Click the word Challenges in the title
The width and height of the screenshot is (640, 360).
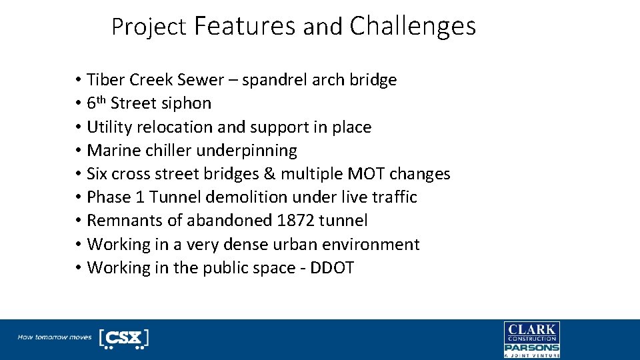pyautogui.click(x=412, y=26)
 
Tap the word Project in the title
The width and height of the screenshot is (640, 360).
pyautogui.click(x=149, y=27)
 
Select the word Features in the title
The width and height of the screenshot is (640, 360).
pyautogui.click(x=245, y=26)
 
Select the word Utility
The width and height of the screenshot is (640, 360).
pyautogui.click(x=110, y=127)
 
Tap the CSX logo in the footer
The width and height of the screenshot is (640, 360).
pyautogui.click(x=123, y=338)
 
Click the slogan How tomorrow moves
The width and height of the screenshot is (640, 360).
pyautogui.click(x=55, y=337)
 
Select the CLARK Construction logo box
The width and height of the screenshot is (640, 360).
pyautogui.click(x=531, y=332)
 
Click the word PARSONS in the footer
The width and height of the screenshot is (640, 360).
pyautogui.click(x=531, y=347)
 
